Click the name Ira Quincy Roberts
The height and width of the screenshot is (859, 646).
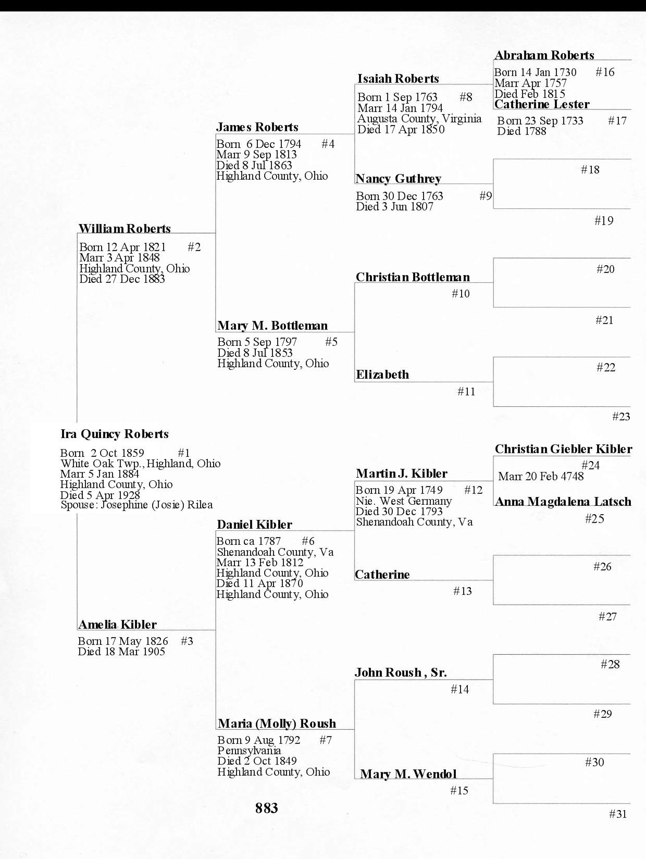click(115, 434)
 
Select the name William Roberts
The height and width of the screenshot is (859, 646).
click(125, 229)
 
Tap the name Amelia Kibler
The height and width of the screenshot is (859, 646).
click(117, 625)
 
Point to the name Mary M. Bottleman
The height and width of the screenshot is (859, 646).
click(272, 326)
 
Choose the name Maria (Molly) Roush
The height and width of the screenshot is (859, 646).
click(277, 724)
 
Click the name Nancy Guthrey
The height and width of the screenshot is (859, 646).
click(398, 179)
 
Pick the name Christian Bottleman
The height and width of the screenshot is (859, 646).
click(413, 277)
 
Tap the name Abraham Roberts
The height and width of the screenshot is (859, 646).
click(544, 55)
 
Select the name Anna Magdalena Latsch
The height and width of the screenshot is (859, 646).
click(563, 502)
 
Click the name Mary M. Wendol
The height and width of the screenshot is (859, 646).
click(408, 774)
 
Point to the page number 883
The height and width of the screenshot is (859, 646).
click(267, 808)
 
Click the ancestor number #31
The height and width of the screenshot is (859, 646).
click(618, 814)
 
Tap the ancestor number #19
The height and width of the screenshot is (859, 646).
click(604, 221)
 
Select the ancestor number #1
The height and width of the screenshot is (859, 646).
click(184, 453)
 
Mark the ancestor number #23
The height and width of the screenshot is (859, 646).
click(621, 417)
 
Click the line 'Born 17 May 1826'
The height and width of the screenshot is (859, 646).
click(123, 641)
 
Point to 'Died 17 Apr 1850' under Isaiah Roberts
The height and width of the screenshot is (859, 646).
click(401, 130)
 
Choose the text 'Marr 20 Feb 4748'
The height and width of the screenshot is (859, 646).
click(541, 476)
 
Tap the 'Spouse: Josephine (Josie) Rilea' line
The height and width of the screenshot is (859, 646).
click(136, 505)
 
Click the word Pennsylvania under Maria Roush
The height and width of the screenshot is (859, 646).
click(249, 751)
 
